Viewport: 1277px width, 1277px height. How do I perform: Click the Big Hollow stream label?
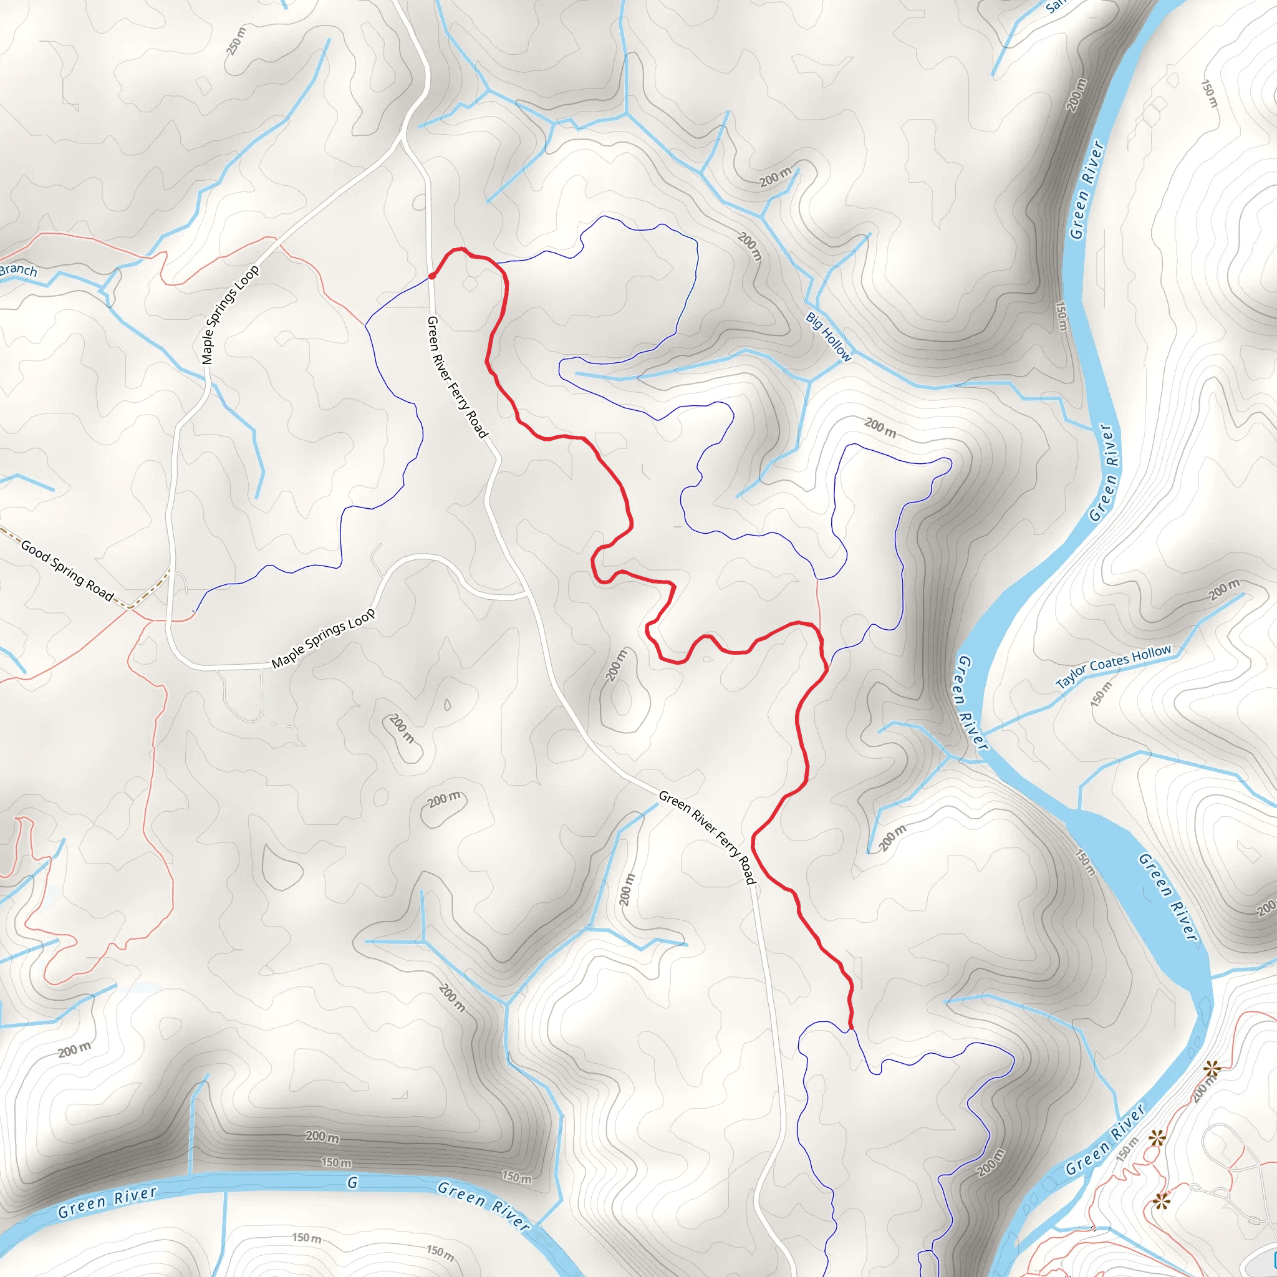(x=828, y=337)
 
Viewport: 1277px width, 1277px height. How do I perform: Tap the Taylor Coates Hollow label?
(x=1113, y=667)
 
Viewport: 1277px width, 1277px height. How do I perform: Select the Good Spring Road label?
(x=67, y=571)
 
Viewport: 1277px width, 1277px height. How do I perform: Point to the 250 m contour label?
(x=236, y=41)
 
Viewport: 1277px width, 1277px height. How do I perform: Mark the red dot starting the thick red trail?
(x=431, y=276)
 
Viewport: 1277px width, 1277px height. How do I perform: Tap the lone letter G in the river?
(x=352, y=1182)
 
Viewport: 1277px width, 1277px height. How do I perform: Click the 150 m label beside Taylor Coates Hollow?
(x=1102, y=694)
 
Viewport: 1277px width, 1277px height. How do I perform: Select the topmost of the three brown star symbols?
(x=1212, y=1069)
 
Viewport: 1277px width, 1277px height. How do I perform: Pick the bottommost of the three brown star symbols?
(x=1161, y=1201)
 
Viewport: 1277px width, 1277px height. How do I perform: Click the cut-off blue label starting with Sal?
(x=1056, y=6)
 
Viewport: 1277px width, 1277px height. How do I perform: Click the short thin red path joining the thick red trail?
(x=818, y=602)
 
